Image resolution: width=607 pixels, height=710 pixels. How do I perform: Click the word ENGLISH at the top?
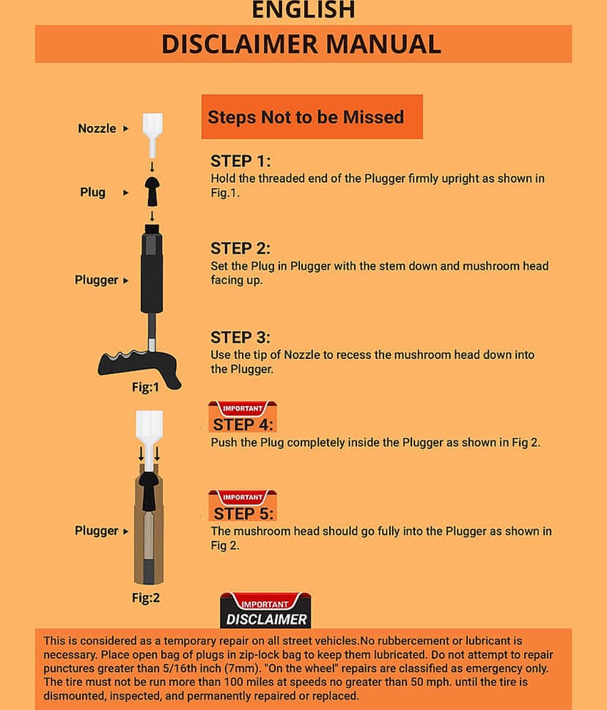[x=303, y=10]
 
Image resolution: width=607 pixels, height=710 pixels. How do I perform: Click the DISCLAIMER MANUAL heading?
[x=301, y=44]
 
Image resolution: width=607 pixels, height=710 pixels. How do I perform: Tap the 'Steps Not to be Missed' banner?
[x=312, y=117]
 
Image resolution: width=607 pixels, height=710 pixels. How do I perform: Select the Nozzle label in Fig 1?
[x=97, y=129]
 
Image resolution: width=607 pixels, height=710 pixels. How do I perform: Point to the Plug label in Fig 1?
[x=92, y=193]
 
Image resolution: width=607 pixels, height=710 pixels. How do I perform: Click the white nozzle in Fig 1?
[x=152, y=135]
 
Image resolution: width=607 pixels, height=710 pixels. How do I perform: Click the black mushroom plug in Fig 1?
[x=152, y=191]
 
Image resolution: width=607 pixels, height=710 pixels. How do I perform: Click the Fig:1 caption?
[x=145, y=387]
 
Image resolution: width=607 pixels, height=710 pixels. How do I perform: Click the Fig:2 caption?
[x=146, y=598]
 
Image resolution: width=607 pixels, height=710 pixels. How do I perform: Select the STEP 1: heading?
[x=240, y=161]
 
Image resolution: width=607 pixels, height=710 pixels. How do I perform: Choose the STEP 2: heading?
[x=240, y=248]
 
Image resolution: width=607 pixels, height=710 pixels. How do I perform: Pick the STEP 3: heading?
[x=240, y=338]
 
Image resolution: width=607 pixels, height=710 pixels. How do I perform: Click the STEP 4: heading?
[x=243, y=425]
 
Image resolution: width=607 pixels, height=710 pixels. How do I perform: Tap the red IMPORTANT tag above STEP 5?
[x=243, y=498]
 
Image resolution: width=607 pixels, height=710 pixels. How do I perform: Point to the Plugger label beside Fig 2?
[x=97, y=530]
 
